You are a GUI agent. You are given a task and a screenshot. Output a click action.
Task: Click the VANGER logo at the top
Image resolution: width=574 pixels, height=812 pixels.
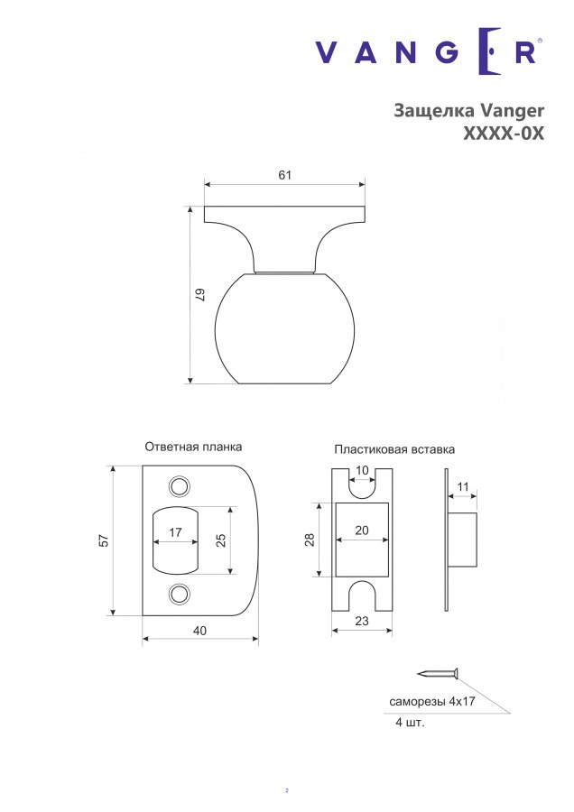(429, 51)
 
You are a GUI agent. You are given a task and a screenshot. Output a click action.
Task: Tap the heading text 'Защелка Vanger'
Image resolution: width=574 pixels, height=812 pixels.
(468, 111)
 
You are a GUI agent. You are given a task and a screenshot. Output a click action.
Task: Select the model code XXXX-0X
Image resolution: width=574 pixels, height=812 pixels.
(504, 134)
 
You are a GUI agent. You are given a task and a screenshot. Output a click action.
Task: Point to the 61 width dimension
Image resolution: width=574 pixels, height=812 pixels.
(285, 175)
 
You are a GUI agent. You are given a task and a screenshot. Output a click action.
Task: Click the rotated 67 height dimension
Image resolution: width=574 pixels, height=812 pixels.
(201, 295)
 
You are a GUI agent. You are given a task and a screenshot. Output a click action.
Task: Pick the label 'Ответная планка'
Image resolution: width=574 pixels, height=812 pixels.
(193, 447)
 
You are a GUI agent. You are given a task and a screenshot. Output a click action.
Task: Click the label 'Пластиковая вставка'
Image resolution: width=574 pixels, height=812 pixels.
(394, 449)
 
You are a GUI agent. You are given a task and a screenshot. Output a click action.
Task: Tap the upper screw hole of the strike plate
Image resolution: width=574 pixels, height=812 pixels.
(180, 486)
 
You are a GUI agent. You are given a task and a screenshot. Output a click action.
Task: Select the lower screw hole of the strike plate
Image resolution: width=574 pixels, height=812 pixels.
(180, 594)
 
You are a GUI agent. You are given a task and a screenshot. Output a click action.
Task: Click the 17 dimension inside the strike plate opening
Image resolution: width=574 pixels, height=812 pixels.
(176, 531)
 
